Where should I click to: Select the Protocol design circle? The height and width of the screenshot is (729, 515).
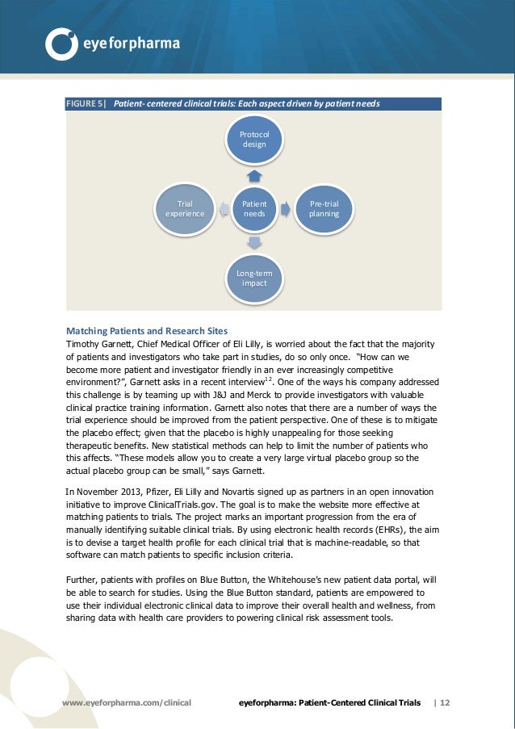(x=254, y=139)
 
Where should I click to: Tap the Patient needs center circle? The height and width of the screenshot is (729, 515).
(x=254, y=209)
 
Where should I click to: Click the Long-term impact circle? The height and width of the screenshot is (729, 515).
(x=254, y=279)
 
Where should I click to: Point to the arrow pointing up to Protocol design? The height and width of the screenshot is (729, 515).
(x=254, y=174)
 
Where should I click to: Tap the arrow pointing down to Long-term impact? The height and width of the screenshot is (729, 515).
(x=254, y=241)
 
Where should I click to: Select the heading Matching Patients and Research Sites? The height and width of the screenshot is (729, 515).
(x=146, y=331)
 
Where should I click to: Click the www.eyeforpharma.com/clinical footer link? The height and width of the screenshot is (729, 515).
(x=127, y=703)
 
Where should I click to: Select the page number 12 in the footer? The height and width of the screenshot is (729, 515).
(x=445, y=703)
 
